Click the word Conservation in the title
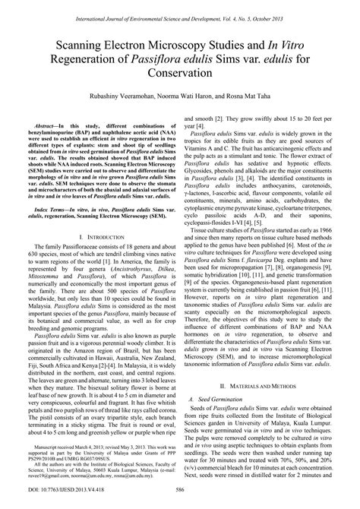pyautogui.click(x=179, y=74)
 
